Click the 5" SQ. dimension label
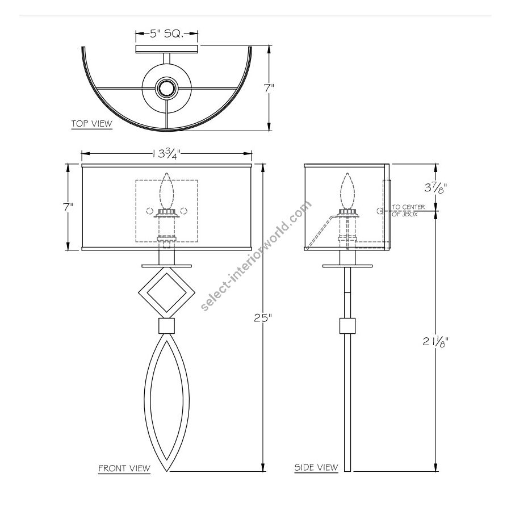(167, 33)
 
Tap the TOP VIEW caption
(92, 124)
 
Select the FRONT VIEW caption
(124, 468)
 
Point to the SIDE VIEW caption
(316, 467)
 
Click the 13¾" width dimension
(166, 153)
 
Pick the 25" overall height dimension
(263, 318)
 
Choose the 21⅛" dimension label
(435, 341)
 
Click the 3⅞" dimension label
(435, 188)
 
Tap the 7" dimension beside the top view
(269, 89)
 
